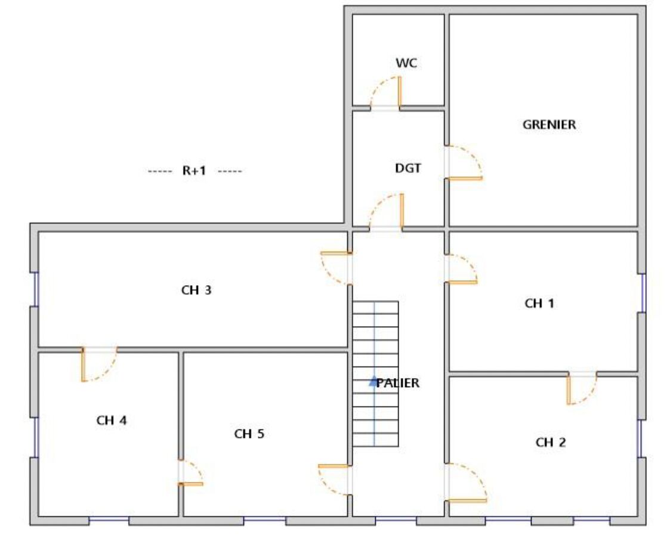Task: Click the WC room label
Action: point(406,63)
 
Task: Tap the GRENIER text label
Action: point(549,125)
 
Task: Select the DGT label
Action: point(408,168)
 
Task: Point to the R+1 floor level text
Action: point(194,171)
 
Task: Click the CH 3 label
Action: point(196,290)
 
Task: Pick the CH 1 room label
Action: point(539,303)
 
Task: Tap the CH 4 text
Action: point(112,421)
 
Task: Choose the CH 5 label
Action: point(249,434)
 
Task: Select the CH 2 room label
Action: point(551,443)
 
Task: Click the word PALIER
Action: point(398,383)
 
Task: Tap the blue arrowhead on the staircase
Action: point(373,381)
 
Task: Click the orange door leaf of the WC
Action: point(400,91)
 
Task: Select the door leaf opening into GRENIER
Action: point(464,178)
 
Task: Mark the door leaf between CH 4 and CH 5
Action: point(191,484)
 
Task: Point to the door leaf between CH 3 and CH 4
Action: point(84,364)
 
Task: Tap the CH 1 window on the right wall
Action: point(643,293)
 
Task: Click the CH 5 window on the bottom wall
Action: point(264,520)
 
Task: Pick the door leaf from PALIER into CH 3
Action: point(336,253)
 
